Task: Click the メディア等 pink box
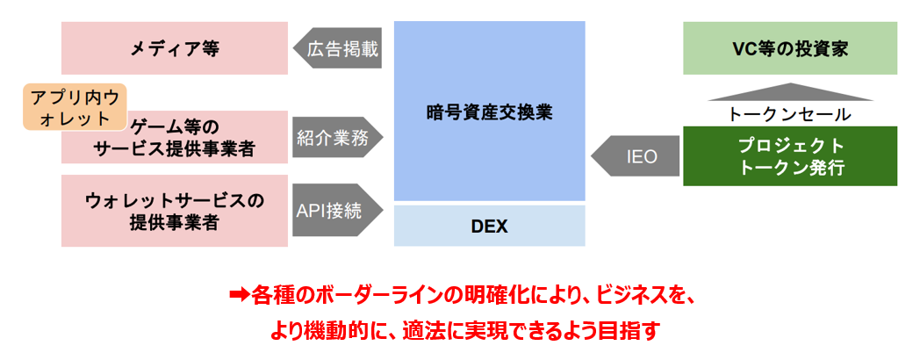[174, 49]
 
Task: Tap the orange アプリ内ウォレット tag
[74, 107]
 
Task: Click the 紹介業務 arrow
[337, 136]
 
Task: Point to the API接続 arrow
[337, 211]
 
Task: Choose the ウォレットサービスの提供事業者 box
[174, 211]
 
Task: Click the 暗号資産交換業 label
[489, 112]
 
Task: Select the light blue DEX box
[489, 226]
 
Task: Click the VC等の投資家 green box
[790, 49]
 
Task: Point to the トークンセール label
[790, 114]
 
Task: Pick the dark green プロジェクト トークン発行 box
[790, 156]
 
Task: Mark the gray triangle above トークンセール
[790, 92]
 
